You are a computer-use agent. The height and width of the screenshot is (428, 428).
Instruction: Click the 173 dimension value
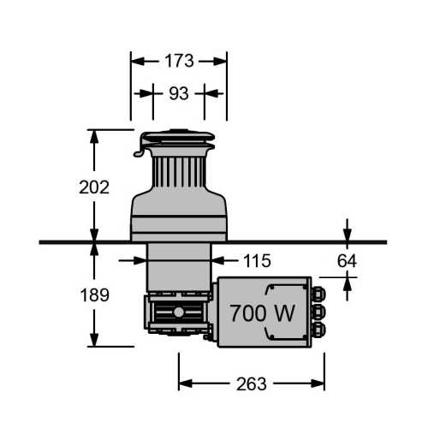(179, 61)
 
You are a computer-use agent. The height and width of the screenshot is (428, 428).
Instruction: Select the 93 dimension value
(179, 93)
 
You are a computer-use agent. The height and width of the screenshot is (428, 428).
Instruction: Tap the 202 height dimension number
(94, 187)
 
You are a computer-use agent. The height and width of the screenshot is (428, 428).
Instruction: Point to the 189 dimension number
(95, 294)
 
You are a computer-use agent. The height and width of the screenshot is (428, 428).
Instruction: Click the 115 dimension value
(257, 261)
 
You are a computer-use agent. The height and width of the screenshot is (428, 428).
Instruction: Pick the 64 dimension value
(347, 261)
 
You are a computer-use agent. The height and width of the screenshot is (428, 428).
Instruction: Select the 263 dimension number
(252, 384)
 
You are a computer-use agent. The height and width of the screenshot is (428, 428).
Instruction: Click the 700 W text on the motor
(262, 313)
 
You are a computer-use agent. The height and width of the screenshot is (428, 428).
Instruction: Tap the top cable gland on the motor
(318, 294)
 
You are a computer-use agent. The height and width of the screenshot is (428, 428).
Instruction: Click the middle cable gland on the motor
(318, 312)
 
